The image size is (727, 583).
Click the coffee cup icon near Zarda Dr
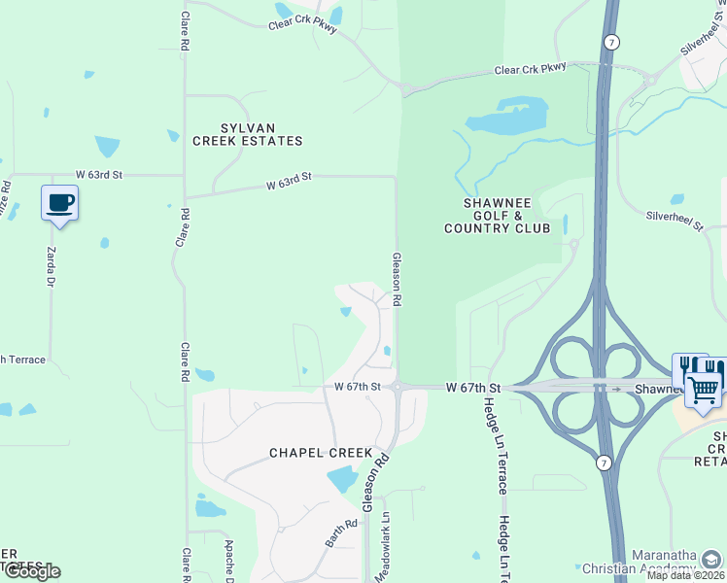[59, 203]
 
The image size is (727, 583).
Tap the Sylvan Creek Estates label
[247, 134]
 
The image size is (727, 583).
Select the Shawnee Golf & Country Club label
[497, 215]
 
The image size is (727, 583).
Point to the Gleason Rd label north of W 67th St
[397, 280]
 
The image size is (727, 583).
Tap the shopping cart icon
[704, 388]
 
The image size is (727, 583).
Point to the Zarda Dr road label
[52, 266]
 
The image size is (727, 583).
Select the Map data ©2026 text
[686, 575]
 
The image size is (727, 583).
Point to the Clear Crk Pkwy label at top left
[302, 25]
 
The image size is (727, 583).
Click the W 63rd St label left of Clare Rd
[99, 175]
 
